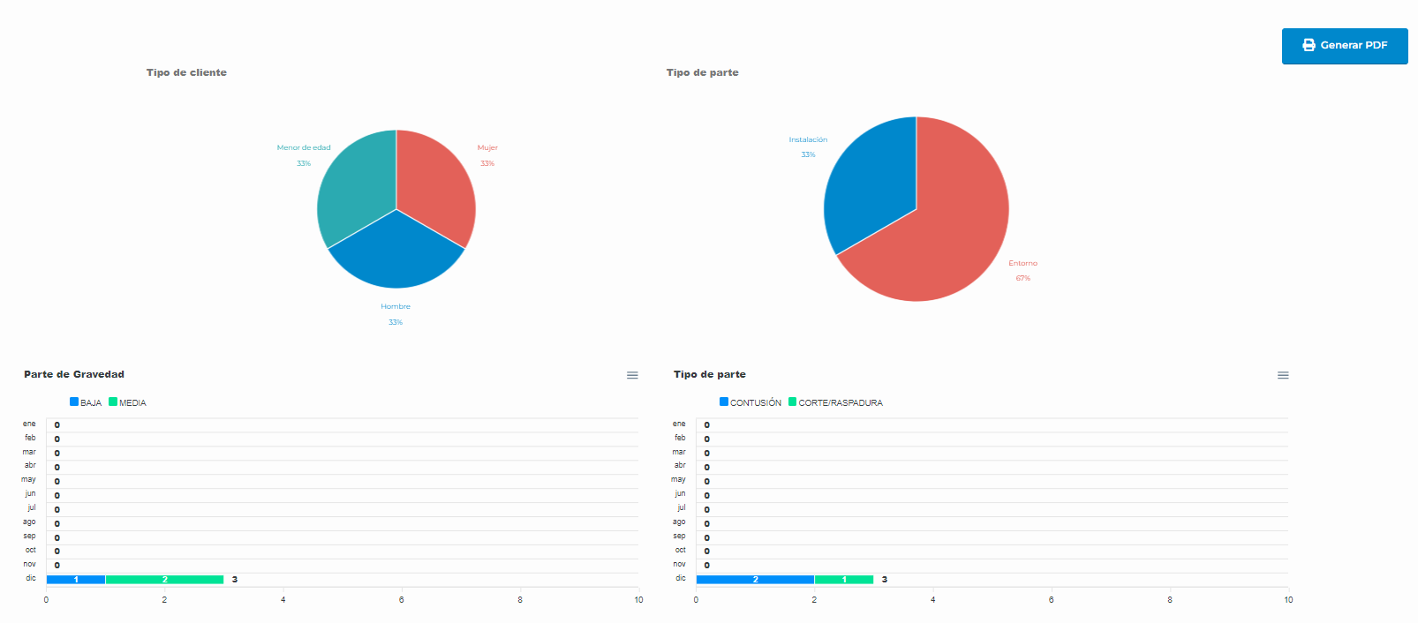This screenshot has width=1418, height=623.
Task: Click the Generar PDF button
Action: [x=1344, y=46]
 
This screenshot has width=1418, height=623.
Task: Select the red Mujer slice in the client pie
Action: [x=435, y=189]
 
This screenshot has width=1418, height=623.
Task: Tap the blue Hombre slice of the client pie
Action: [x=396, y=256]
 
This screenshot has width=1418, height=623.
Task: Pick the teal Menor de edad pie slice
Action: [x=357, y=189]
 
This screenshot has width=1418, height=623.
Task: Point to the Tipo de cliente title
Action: [x=186, y=72]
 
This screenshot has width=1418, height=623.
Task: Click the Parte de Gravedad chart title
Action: [x=74, y=374]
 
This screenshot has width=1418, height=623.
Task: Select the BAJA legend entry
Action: [x=86, y=402]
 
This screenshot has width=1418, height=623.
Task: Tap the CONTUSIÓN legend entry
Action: [x=750, y=402]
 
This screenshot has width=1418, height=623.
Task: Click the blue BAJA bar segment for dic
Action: [x=76, y=580]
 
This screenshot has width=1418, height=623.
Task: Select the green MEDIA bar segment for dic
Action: [x=164, y=580]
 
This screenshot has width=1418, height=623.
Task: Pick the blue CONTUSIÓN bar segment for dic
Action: [x=755, y=580]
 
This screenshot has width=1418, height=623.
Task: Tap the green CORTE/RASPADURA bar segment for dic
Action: [x=844, y=580]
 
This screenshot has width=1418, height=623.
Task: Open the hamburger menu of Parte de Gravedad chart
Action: [x=632, y=375]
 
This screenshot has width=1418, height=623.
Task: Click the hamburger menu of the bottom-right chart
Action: [x=1283, y=375]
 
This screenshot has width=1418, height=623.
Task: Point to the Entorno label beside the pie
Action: [x=1022, y=263]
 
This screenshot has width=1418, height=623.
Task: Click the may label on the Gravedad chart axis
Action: [x=29, y=480]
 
